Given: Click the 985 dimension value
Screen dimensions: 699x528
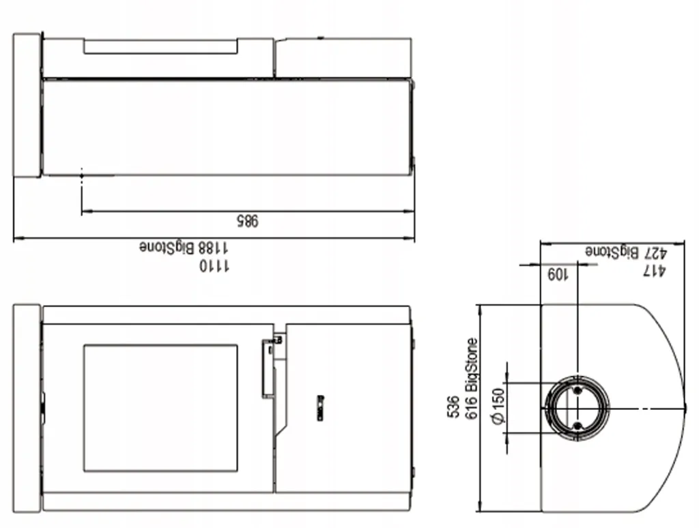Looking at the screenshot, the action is click(247, 220).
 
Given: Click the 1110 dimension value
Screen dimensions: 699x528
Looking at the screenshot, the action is click(214, 265).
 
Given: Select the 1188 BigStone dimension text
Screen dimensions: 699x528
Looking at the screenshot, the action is click(184, 247).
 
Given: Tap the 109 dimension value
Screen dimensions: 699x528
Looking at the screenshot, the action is click(558, 274).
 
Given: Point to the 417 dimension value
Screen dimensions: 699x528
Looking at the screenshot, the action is click(654, 270).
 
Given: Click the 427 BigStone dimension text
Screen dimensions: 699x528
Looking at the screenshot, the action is click(626, 252).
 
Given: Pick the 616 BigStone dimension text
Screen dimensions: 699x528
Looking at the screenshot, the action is click(471, 379).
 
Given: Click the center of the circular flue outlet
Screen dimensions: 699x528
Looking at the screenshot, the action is click(577, 408).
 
